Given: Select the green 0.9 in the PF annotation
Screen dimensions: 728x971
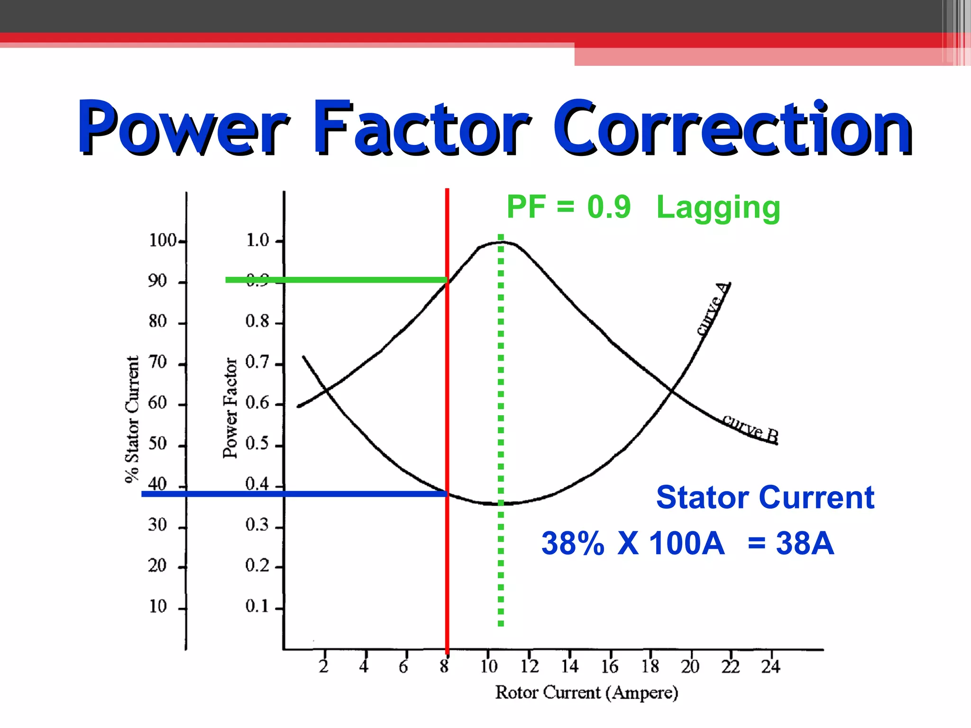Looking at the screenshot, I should point(609,207).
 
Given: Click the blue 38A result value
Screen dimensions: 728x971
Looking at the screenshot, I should point(805,543).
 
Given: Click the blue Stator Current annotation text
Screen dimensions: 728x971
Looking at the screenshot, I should point(765,498).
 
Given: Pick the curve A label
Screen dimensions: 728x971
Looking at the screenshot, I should point(713,309).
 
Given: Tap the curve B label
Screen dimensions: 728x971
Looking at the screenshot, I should point(751,428).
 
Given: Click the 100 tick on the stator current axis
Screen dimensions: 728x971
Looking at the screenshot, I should point(163,240).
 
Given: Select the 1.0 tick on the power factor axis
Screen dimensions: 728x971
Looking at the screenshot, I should point(257,240).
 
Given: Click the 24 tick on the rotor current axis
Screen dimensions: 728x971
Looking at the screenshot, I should point(770,667).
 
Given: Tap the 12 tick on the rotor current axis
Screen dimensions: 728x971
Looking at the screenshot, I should point(529,667).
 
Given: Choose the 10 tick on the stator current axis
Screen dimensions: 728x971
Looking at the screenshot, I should point(158,606).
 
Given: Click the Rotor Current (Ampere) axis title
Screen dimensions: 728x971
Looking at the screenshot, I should point(586,692).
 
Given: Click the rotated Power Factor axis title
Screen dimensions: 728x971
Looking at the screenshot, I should point(230,408).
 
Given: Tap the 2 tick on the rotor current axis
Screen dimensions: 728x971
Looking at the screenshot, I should point(324,667).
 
